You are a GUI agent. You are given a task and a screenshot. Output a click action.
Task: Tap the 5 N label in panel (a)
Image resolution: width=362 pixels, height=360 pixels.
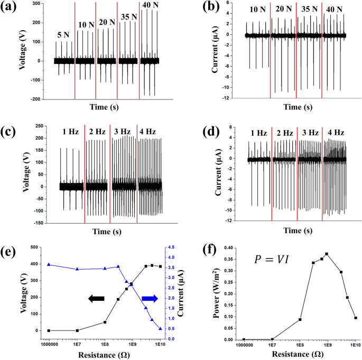click(63, 35)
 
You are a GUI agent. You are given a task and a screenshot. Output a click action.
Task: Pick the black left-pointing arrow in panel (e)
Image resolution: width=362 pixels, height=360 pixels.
click(97, 299)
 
